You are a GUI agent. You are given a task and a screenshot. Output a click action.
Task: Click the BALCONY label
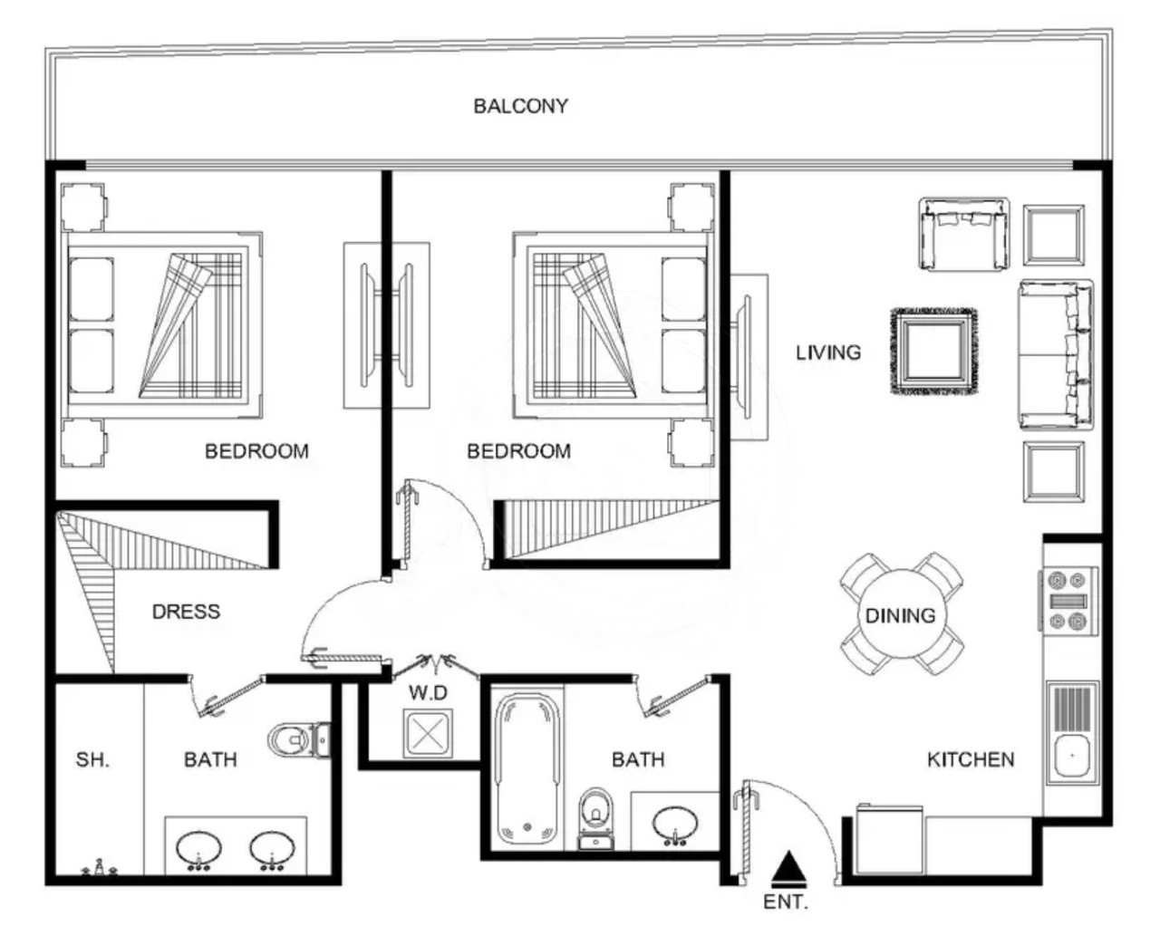coord(520,106)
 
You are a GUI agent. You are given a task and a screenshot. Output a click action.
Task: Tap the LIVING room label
coord(828,352)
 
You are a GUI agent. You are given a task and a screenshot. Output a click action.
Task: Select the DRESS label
coord(187,612)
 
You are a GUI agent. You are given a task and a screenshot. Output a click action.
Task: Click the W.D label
coord(429,693)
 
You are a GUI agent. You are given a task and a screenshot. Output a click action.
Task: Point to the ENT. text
coord(786,902)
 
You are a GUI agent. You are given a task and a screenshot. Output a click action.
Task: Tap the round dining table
coord(902,615)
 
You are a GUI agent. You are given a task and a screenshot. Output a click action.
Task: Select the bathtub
coord(527,768)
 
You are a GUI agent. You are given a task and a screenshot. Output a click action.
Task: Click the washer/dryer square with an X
coord(428,733)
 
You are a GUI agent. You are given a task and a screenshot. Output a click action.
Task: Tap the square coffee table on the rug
coord(934,352)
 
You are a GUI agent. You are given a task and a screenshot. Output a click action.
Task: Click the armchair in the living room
coord(963,234)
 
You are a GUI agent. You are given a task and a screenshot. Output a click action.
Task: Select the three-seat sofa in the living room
coord(1056,354)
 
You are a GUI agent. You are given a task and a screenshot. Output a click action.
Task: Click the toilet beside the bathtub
coord(596,818)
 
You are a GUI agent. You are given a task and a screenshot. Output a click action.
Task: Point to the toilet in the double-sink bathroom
coord(299,739)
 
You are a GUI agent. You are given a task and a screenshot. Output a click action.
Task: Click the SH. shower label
coord(92,759)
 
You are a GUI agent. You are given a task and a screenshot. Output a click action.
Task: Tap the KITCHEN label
coord(971,759)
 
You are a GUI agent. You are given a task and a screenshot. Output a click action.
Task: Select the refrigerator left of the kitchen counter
coord(889,839)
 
